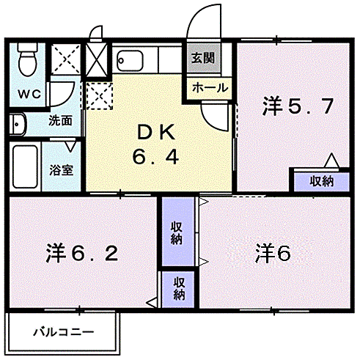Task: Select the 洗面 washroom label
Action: tap(60, 120)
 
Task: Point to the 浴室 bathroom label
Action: tap(60, 169)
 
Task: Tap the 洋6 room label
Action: tap(273, 253)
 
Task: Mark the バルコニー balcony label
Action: tap(63, 331)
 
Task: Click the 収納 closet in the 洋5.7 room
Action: tap(320, 180)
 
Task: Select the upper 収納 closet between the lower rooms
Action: tap(177, 232)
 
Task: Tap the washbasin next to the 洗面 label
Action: tap(18, 124)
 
